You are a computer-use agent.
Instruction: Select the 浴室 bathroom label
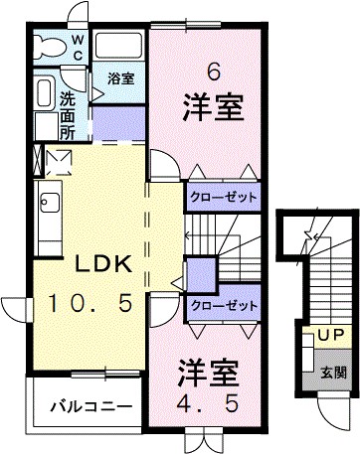121,77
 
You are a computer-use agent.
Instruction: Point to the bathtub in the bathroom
121,46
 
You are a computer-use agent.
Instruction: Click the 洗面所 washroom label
67,112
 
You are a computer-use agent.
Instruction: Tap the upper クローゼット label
224,198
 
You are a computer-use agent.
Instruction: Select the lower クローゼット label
224,306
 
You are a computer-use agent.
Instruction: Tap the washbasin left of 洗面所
44,94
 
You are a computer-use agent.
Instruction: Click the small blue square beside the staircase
200,272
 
